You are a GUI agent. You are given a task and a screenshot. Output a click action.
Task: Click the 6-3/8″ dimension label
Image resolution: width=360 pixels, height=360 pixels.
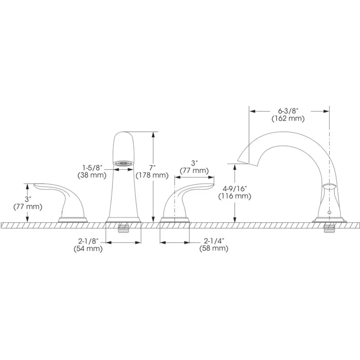(288, 111)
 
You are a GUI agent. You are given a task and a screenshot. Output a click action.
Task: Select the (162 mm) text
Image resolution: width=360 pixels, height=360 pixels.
(288, 119)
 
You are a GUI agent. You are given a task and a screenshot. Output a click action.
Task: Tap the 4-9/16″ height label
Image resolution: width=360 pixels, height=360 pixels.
(235, 189)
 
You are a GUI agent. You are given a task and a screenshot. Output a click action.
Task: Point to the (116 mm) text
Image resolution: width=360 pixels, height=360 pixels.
(235, 196)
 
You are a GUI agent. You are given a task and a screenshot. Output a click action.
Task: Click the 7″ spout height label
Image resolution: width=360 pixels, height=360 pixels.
(152, 168)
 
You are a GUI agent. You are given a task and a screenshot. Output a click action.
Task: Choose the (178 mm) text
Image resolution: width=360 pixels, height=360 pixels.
(152, 175)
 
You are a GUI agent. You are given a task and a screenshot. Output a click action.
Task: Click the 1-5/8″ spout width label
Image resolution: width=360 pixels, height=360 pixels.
(92, 168)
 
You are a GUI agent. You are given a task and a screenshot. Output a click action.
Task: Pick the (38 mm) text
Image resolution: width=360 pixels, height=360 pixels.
(92, 175)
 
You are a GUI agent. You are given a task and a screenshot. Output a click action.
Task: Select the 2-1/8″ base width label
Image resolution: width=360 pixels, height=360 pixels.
(88, 241)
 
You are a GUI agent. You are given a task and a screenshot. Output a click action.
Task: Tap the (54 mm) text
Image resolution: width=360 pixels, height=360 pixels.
(88, 248)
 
